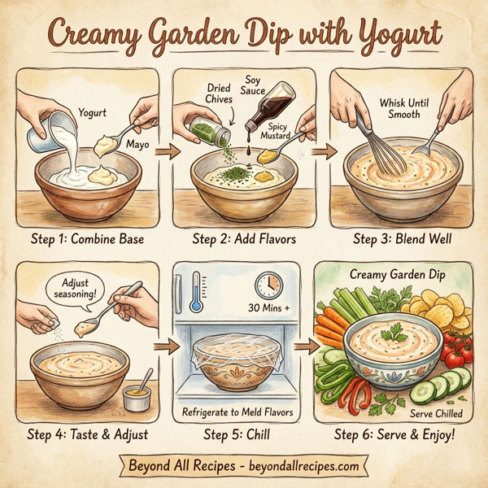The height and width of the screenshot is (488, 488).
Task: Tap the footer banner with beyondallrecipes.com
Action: tap(244, 466)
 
